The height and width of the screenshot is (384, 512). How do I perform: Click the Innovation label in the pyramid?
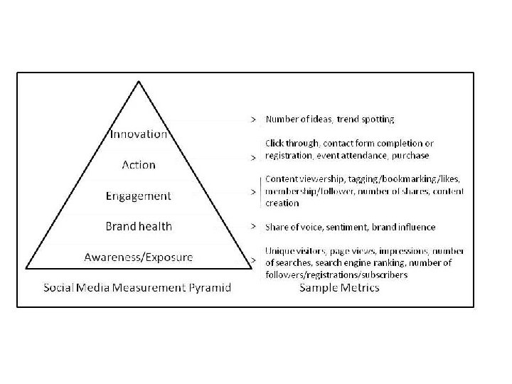pyautogui.click(x=139, y=134)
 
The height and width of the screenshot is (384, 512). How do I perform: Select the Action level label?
pyautogui.click(x=139, y=164)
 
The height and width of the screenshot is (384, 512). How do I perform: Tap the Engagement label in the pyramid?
pyautogui.click(x=139, y=195)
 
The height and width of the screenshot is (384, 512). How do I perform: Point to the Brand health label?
pyautogui.click(x=139, y=226)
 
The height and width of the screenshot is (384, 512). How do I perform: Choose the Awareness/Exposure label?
pyautogui.click(x=139, y=257)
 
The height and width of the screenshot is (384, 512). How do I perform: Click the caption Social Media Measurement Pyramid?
pyautogui.click(x=137, y=287)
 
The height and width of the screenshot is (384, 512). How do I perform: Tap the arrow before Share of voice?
pyautogui.click(x=252, y=227)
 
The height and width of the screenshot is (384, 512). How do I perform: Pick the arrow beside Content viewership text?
pyautogui.click(x=252, y=191)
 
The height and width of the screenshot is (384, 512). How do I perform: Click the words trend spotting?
pyautogui.click(x=370, y=118)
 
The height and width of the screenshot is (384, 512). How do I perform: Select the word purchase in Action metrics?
pyautogui.click(x=410, y=154)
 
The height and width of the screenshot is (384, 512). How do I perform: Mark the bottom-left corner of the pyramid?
pyautogui.click(x=26, y=269)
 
